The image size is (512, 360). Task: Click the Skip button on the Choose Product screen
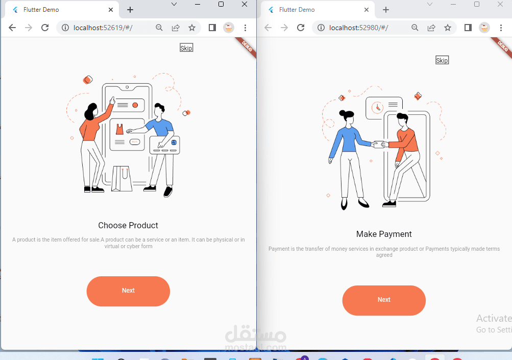186,48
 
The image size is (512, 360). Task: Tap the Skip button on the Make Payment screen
442,60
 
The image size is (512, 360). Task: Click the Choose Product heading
128,225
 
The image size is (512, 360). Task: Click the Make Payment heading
384,234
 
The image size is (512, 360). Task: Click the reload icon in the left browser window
45,28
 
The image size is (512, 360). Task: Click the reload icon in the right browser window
301,28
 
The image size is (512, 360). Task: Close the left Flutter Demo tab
111,10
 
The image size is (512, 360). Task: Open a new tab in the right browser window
386,10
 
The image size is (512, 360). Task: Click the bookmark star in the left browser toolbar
192,28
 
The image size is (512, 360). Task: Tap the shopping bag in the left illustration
122,179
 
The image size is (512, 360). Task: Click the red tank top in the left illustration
120,129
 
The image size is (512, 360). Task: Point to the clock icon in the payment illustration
377,107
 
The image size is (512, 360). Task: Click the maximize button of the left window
221,4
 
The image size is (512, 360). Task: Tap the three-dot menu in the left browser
246,28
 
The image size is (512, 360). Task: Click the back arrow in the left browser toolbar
12,28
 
